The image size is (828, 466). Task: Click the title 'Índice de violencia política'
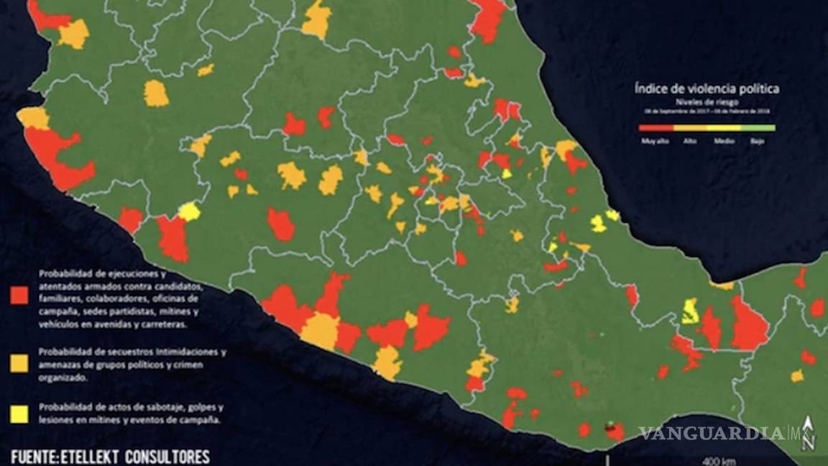pos(707,89)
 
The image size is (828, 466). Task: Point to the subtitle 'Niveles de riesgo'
pos(707,102)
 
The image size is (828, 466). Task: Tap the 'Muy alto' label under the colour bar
pos(655,141)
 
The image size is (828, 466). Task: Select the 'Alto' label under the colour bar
pos(690,141)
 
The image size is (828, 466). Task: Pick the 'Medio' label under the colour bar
pos(724,141)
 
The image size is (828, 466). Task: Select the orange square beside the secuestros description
pos(20,363)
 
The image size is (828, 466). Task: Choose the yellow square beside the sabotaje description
pos(20,413)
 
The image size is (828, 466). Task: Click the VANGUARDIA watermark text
pos(712,434)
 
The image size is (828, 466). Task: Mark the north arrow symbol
pos(810,435)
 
